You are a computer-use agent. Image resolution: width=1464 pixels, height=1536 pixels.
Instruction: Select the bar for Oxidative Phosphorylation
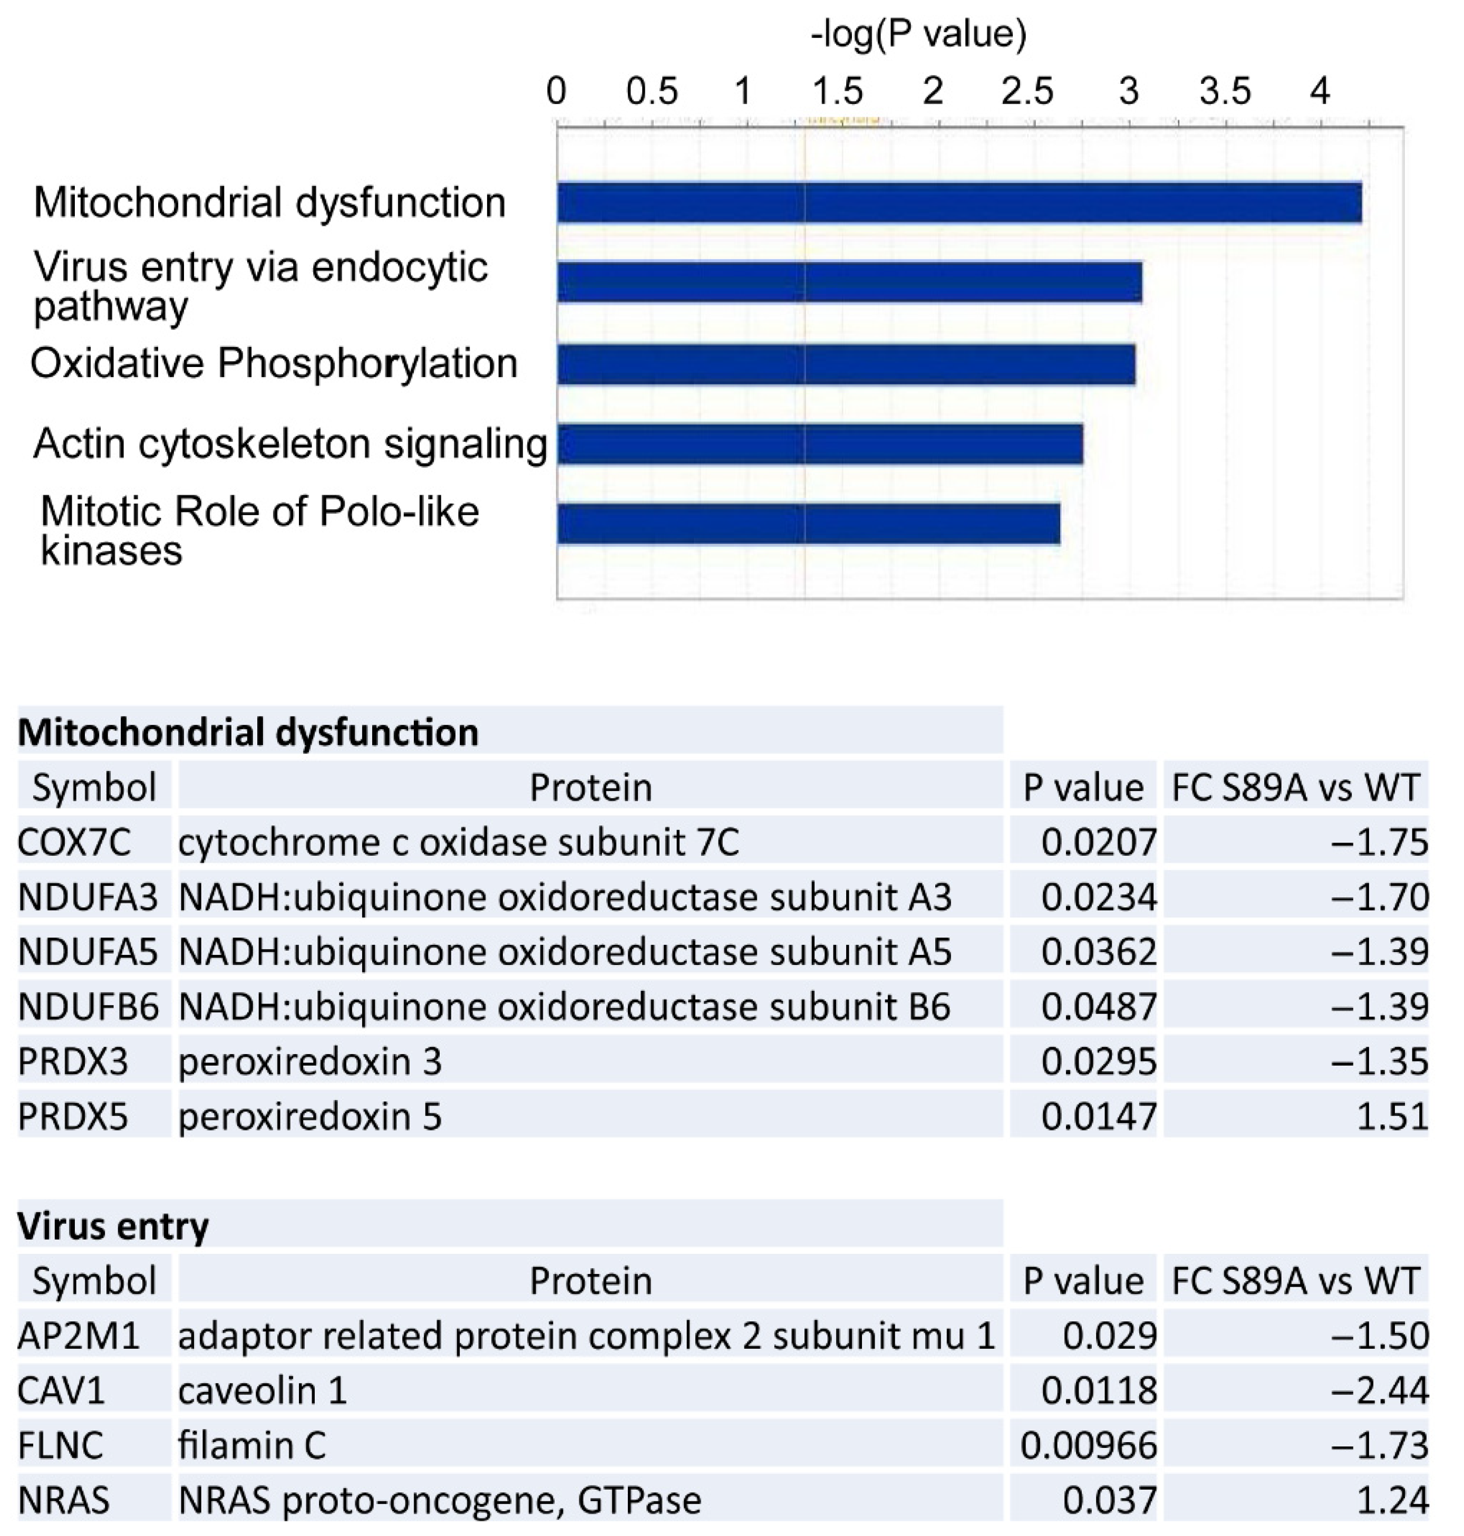tap(846, 364)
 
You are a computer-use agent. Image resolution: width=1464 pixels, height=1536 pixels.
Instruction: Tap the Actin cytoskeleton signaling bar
tap(819, 444)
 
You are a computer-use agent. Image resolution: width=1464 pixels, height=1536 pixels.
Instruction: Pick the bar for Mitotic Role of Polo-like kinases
tap(809, 524)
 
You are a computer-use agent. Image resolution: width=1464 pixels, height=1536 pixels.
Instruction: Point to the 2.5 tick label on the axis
tap(1028, 92)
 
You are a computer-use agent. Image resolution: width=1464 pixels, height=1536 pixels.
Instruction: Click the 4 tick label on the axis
tap(1319, 92)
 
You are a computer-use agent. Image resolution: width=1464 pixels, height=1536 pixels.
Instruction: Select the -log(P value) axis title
tap(918, 34)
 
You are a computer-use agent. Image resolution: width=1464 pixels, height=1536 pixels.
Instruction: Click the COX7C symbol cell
tap(74, 842)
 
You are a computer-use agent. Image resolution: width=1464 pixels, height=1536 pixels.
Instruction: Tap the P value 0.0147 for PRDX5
tap(1098, 1116)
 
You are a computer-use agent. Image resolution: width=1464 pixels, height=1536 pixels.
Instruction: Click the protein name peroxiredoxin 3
tap(310, 1061)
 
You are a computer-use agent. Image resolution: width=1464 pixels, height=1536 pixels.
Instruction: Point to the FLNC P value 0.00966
tap(1088, 1445)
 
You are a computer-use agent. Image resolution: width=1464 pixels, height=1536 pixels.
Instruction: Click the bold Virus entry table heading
tap(113, 1226)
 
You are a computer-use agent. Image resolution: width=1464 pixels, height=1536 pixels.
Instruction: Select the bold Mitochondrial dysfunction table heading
tap(248, 732)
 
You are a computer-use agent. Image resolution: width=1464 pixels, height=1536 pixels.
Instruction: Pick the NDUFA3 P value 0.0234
tap(1098, 897)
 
